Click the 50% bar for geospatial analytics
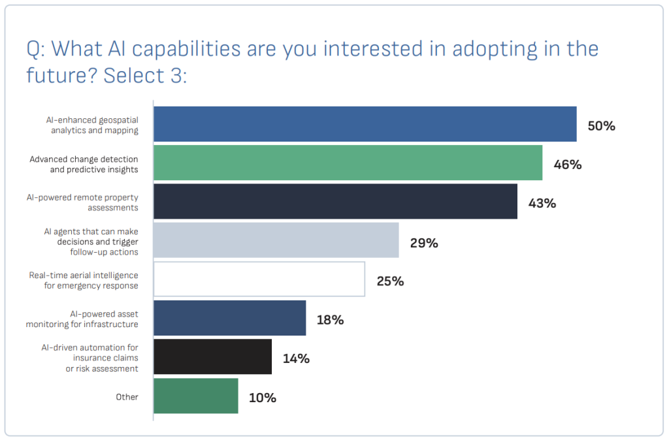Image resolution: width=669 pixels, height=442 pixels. coord(365,124)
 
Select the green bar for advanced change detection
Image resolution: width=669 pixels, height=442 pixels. coord(348,163)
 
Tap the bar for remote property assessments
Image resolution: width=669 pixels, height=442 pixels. coord(335,201)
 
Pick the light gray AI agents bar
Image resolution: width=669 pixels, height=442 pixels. coord(276,240)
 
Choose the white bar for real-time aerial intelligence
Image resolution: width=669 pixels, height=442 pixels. coord(259,279)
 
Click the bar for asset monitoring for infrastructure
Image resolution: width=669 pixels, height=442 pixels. coord(229,318)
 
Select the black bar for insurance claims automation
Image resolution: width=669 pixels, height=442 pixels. coord(212,356)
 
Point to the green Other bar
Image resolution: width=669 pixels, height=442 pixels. coord(195,396)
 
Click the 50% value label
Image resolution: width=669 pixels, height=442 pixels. coord(601,126)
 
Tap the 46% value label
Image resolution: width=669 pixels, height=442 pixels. coord(567,165)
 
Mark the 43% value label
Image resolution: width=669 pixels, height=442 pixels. coord(542,203)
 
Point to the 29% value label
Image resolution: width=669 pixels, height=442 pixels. coord(423,243)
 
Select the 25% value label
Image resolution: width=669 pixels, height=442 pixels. coord(390,281)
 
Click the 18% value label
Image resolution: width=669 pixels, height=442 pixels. coord(330,320)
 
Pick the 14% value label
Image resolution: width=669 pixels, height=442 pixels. coord(296,358)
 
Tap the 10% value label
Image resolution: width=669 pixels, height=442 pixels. coord(262,398)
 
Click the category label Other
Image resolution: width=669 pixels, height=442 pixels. coord(127,396)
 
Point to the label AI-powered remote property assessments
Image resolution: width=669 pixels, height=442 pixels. coord(91,202)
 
